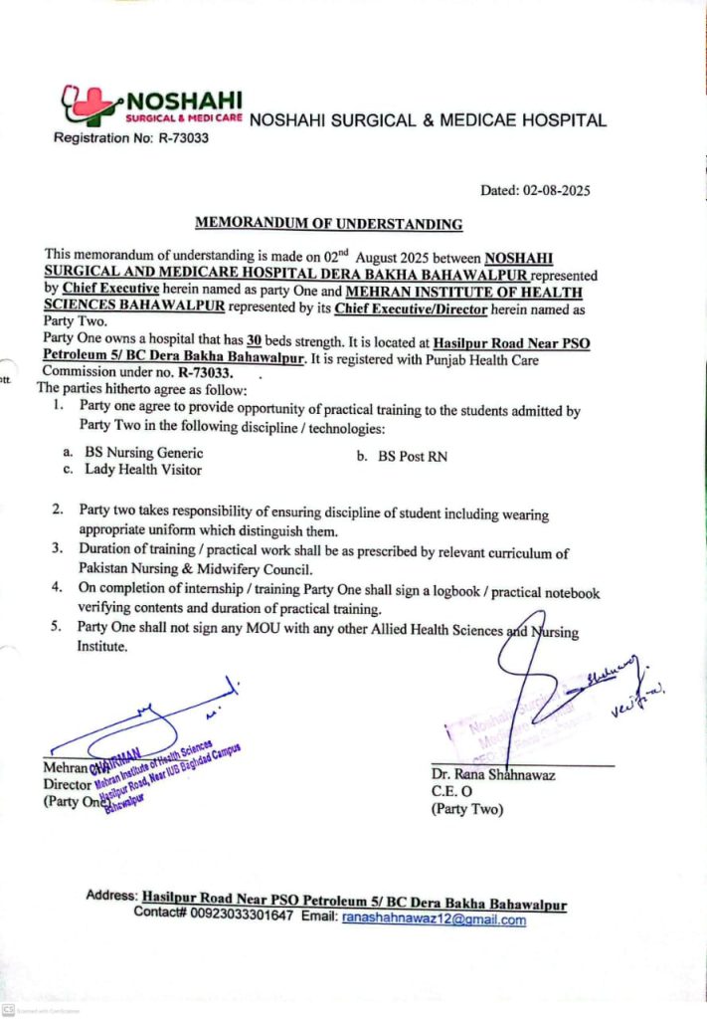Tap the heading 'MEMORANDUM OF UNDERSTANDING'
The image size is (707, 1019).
point(328,224)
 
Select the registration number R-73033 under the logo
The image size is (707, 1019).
point(179,138)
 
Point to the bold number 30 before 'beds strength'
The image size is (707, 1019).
point(266,342)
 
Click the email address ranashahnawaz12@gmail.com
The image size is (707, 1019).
point(434,920)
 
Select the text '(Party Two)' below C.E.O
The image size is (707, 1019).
point(467,809)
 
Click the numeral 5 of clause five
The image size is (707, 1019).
point(58,627)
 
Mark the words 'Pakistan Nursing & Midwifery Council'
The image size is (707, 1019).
point(195,570)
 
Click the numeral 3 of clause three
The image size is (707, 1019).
point(58,549)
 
